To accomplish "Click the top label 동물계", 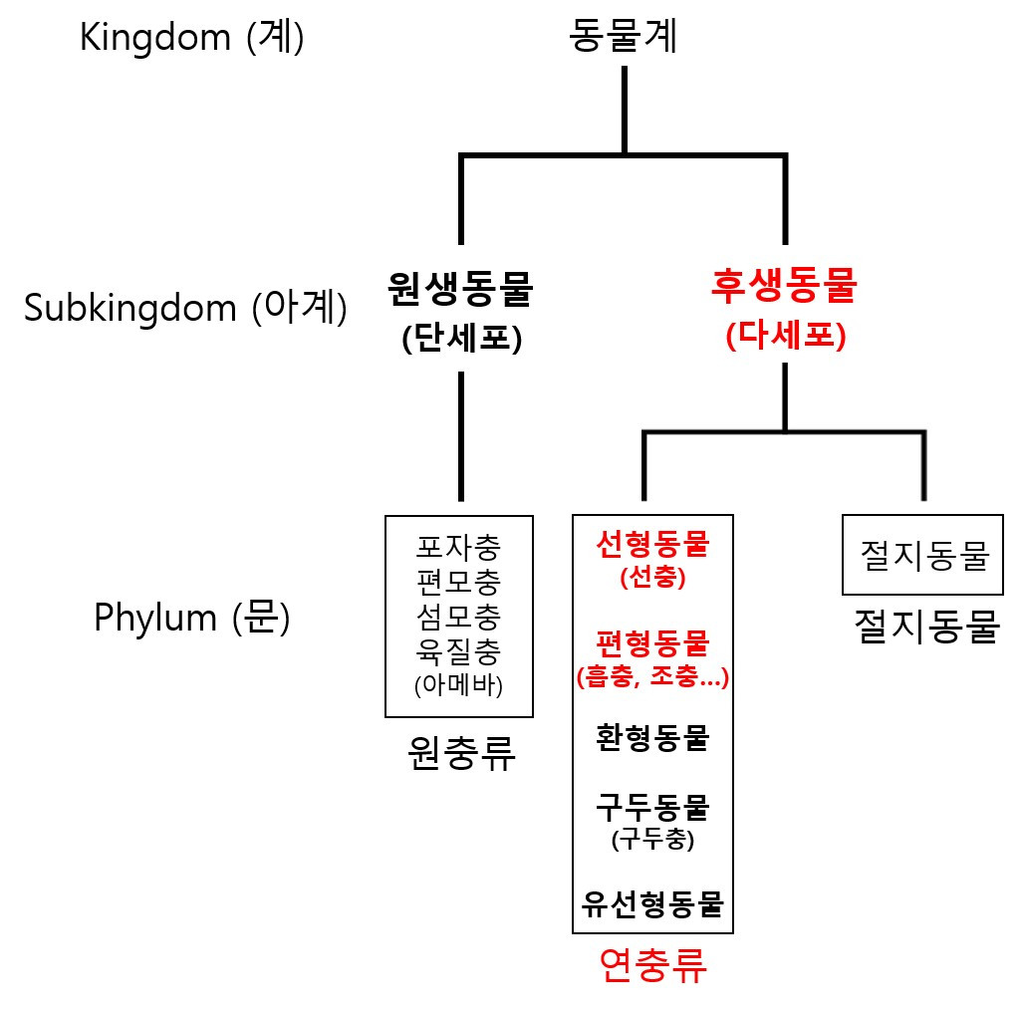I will click(624, 38).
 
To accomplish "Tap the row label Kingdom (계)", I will click(192, 39).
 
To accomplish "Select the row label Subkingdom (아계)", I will click(186, 309).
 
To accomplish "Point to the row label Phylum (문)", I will click(192, 618).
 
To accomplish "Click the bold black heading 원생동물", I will click(460, 290).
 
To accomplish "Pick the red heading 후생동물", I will click(785, 287).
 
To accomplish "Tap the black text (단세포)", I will click(462, 339).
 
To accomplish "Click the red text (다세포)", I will click(786, 336).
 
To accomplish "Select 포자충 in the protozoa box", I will click(459, 546).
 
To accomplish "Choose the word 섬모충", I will click(459, 617).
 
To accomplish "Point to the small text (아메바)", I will click(459, 685).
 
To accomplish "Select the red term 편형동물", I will click(652, 643).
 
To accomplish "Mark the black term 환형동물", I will click(652, 738).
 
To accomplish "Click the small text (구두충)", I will click(652, 840).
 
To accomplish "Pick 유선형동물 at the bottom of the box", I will click(652, 903).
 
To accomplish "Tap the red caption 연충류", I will click(653, 965).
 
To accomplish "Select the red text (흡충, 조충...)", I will click(652, 678).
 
